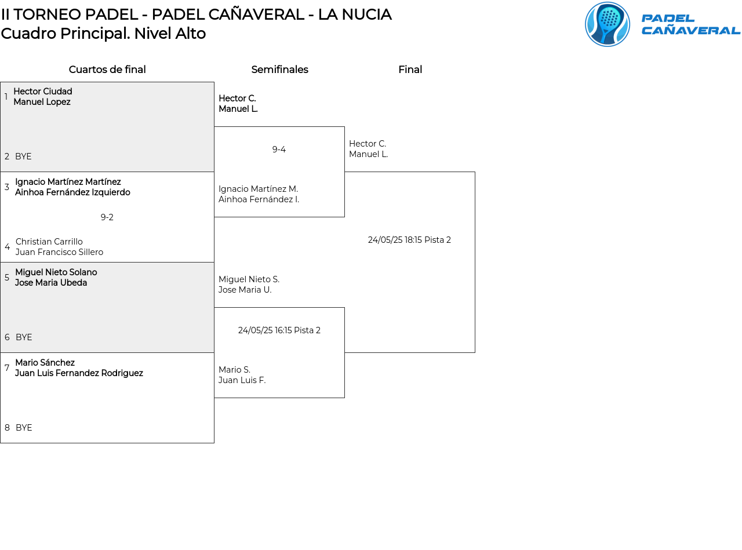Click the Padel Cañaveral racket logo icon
tap(607, 24)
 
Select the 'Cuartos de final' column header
tap(107, 69)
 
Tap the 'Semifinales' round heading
tap(279, 69)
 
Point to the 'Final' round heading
tap(410, 69)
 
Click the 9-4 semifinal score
tap(279, 149)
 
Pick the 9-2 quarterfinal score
tap(107, 217)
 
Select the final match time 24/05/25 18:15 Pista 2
tap(409, 240)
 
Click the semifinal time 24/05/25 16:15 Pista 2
tap(279, 330)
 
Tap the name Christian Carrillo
tap(49, 242)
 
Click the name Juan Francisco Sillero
tap(59, 252)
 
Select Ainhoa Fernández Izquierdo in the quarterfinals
tap(72, 192)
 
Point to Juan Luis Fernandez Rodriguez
tap(79, 373)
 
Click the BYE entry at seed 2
tap(23, 156)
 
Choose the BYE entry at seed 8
tap(24, 428)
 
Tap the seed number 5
tap(7, 278)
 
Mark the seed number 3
tap(7, 187)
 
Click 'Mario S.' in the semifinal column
tap(235, 370)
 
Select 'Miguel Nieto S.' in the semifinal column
tap(249, 279)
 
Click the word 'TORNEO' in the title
tap(47, 14)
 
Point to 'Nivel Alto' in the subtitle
tap(170, 34)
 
